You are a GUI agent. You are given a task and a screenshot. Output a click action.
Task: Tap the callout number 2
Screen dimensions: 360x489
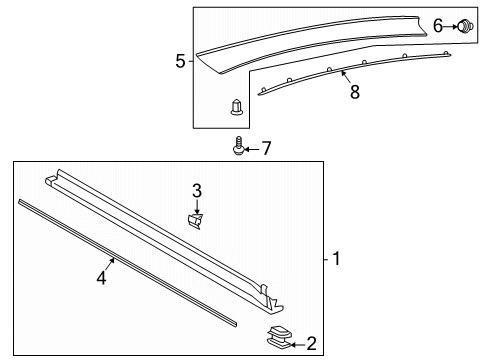coord(311,344)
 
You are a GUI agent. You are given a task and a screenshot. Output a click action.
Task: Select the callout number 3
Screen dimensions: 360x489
coord(197,190)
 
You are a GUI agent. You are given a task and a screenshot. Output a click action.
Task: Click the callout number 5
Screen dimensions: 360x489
coord(180,62)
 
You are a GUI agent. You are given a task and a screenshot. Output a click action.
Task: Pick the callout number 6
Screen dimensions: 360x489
coord(437,27)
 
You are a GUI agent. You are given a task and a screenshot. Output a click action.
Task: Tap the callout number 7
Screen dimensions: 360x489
coord(265,149)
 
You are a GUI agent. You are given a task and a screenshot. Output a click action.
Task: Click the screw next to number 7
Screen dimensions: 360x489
coord(239,146)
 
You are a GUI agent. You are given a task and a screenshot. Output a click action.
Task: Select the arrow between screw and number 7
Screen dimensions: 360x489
coord(252,149)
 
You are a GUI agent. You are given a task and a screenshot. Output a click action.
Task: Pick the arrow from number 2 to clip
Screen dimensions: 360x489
coord(297,344)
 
